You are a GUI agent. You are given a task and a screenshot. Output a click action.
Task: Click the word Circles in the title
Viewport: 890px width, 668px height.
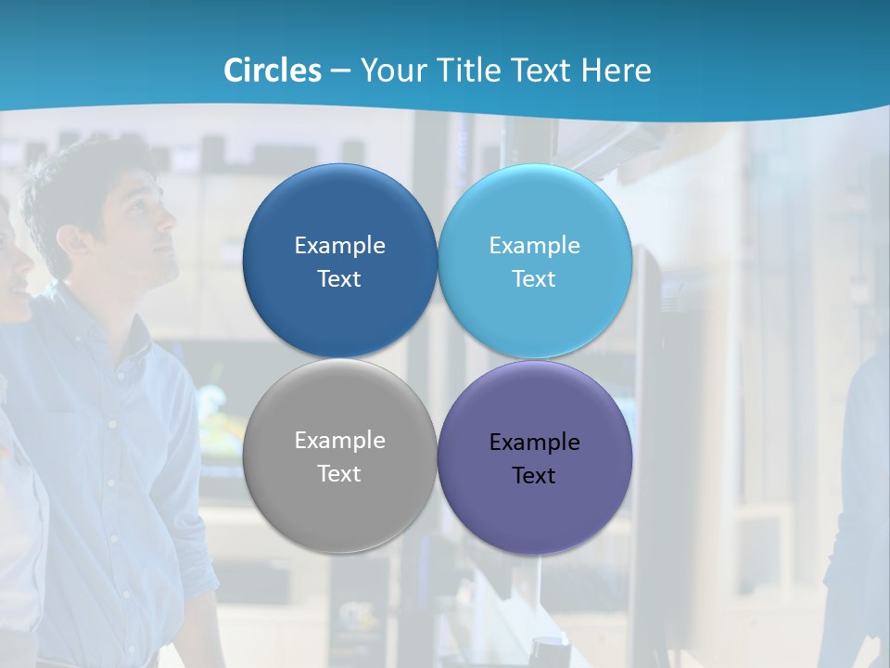point(273,71)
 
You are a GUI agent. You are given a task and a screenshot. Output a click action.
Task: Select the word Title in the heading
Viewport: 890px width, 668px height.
point(468,71)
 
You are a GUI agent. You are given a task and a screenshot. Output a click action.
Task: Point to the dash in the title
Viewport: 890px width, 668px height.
point(340,71)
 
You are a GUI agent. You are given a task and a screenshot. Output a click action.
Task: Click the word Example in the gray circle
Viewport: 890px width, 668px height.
point(339,441)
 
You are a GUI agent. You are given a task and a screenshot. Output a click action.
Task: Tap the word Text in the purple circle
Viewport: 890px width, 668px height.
point(534,475)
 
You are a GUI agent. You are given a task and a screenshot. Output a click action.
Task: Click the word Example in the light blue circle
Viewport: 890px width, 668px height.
point(534,245)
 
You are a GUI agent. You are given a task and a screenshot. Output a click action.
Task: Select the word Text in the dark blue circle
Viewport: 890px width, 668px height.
point(339,278)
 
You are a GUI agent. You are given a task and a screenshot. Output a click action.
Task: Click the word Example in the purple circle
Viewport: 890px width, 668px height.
point(534,442)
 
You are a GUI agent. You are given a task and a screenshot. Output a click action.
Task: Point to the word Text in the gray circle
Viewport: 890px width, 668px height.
point(339,473)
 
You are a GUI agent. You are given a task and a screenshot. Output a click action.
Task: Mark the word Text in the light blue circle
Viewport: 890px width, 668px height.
point(534,278)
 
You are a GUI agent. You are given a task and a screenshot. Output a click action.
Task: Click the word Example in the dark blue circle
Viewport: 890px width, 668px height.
point(339,245)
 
